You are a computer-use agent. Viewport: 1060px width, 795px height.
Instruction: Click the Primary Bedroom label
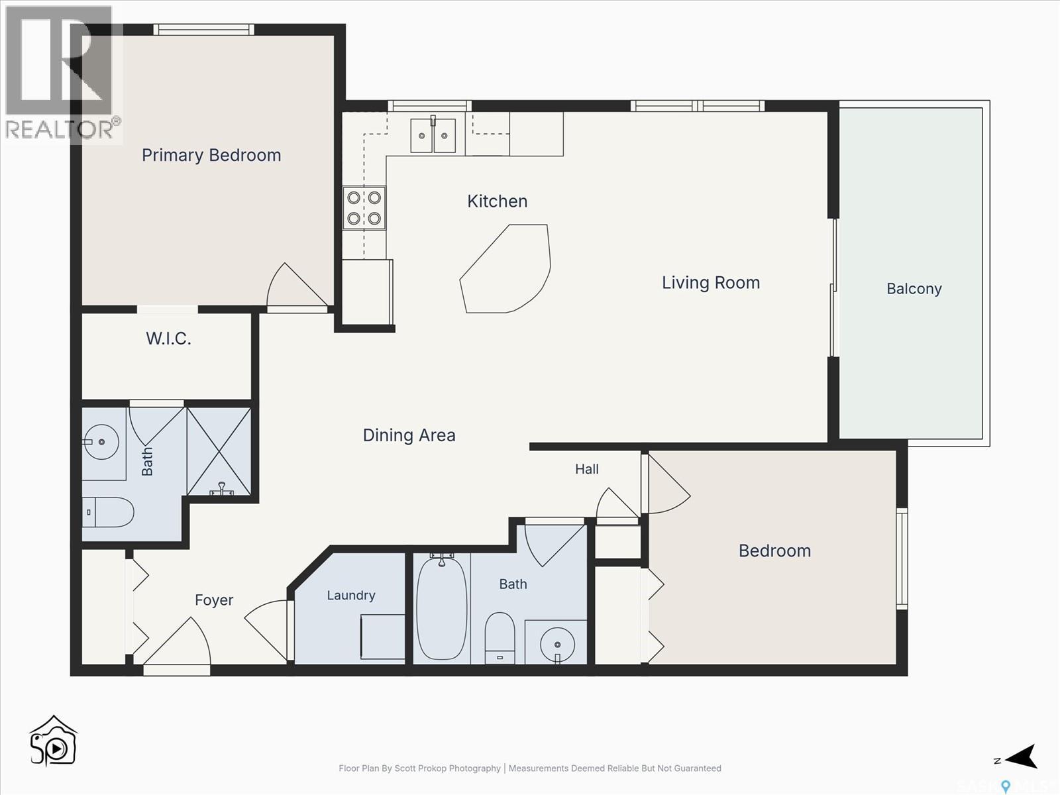[x=211, y=156]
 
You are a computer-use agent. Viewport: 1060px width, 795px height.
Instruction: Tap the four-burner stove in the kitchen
[x=364, y=208]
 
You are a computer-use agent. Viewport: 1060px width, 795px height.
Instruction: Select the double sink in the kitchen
[x=433, y=136]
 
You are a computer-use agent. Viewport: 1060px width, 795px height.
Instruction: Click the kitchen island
[x=505, y=268]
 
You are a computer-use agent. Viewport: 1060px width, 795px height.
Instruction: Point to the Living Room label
[x=710, y=282]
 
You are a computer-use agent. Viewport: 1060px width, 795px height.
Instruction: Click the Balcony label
[x=914, y=289]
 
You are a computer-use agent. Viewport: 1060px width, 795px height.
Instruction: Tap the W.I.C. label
[x=168, y=339]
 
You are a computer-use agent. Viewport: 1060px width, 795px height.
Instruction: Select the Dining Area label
[x=409, y=435]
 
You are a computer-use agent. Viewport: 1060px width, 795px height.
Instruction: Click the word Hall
[x=587, y=468]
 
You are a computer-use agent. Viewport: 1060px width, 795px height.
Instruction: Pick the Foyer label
[x=214, y=600]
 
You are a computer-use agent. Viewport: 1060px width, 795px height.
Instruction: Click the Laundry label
[x=351, y=595]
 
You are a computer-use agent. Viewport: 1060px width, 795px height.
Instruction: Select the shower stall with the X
[x=219, y=451]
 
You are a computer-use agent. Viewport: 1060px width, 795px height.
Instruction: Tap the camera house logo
[x=53, y=741]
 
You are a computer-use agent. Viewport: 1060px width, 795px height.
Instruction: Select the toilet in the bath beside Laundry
[x=500, y=638]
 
